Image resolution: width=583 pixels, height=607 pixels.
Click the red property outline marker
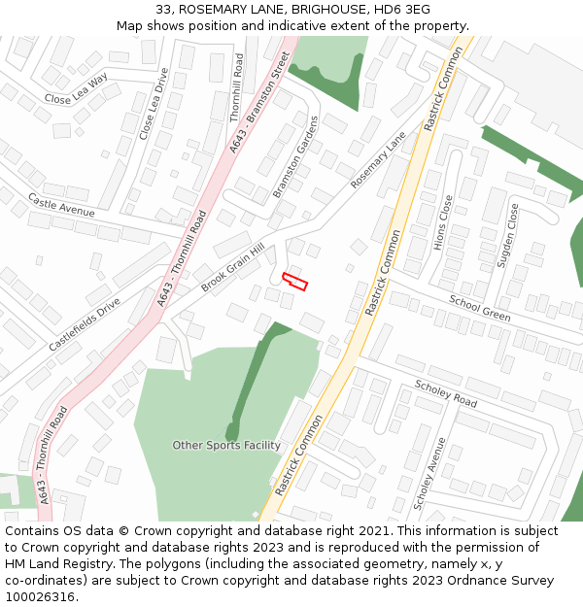click(294, 282)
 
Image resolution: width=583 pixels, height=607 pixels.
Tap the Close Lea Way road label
click(76, 90)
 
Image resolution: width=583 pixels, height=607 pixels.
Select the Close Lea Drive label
click(154, 104)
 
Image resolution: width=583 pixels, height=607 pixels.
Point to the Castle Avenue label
click(61, 205)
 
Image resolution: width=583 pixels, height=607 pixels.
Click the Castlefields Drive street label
click(85, 324)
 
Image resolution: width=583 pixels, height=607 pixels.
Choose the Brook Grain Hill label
click(232, 268)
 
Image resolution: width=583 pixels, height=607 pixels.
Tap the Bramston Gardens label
click(295, 156)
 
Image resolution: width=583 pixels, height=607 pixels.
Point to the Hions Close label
click(443, 222)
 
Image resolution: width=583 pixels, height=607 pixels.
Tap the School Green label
click(479, 309)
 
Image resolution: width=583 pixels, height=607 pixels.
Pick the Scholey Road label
click(446, 392)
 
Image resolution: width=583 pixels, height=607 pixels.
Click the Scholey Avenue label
click(429, 473)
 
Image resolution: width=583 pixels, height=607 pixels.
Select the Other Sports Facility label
click(226, 446)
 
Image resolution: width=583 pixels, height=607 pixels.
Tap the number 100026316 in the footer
click(40, 597)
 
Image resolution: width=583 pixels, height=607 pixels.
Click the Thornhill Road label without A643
click(237, 87)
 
